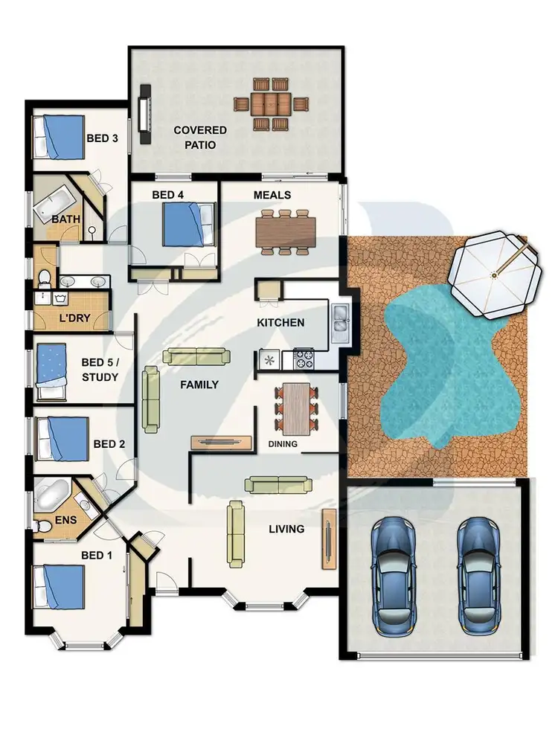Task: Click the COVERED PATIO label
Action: pos(200,138)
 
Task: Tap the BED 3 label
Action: pos(103,138)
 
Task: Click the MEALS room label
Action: pos(272,195)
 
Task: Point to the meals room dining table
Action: pos(286,231)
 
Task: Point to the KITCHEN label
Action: pos(280,323)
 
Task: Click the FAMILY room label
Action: pos(199,385)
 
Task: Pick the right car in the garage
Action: pos(476,573)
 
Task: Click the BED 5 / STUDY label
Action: pos(100,369)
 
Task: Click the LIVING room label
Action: pos(286,529)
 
